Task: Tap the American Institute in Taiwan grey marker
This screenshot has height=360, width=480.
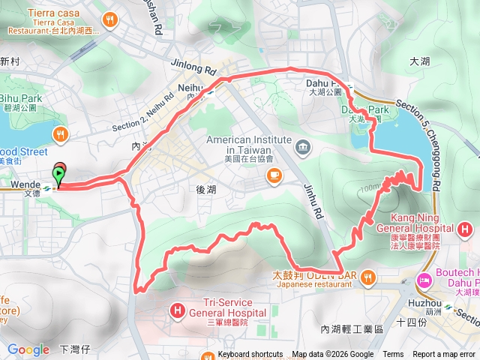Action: (301, 145)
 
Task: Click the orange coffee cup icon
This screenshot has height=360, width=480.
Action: (274, 175)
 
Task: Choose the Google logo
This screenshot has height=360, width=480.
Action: (28, 349)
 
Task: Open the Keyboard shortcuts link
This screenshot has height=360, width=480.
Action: (250, 355)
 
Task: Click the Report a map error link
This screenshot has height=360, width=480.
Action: (445, 355)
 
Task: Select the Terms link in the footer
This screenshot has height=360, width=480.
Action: (393, 355)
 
